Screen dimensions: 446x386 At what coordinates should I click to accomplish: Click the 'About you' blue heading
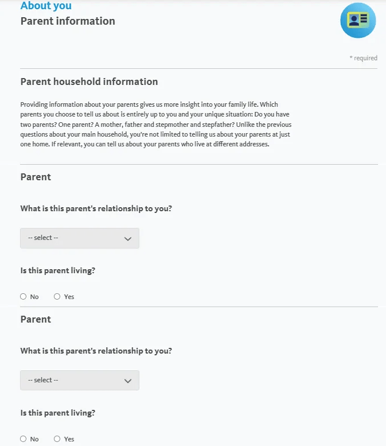46,6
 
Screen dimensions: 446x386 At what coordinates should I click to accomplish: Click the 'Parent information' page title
68,21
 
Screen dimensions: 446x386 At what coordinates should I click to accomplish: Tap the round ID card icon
358,21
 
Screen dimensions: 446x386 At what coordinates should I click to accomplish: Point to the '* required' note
363,58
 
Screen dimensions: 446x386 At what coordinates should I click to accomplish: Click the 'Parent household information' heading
89,82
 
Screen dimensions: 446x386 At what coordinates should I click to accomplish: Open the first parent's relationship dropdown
79,238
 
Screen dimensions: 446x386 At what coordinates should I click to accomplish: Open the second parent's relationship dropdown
79,380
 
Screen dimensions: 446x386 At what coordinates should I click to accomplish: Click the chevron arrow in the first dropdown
128,238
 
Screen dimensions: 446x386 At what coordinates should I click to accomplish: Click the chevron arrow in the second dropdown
128,381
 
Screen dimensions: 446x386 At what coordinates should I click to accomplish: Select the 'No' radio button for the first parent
24,297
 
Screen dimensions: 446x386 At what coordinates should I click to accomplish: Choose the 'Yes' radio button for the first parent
57,297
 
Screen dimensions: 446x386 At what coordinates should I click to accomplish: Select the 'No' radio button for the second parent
24,439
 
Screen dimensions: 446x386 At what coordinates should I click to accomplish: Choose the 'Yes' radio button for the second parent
57,439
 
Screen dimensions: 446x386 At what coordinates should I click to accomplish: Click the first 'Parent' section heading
36,177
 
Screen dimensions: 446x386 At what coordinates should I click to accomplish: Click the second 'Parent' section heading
36,319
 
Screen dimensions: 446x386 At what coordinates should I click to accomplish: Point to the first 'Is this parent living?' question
57,270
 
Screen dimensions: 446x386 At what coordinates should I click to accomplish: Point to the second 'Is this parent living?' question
57,413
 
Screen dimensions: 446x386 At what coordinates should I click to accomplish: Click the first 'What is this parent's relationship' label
96,208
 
